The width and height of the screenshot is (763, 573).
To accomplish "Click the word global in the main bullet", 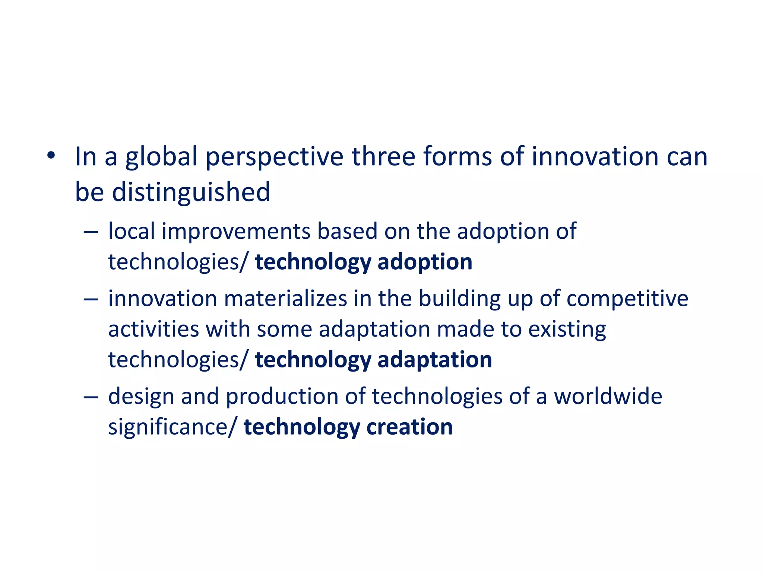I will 161,157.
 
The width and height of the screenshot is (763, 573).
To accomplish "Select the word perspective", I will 274,157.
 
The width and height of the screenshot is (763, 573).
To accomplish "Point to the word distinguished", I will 191,192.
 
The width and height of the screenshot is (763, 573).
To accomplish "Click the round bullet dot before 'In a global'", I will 51,155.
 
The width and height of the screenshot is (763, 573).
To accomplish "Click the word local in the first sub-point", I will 132,231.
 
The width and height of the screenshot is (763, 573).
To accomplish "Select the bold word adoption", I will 425,262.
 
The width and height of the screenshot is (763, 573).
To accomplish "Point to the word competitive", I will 627,299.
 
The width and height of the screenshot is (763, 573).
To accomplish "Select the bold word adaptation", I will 435,360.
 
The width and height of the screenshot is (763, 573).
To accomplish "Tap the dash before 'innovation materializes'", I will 91,300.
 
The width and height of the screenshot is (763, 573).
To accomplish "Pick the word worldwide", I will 608,396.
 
